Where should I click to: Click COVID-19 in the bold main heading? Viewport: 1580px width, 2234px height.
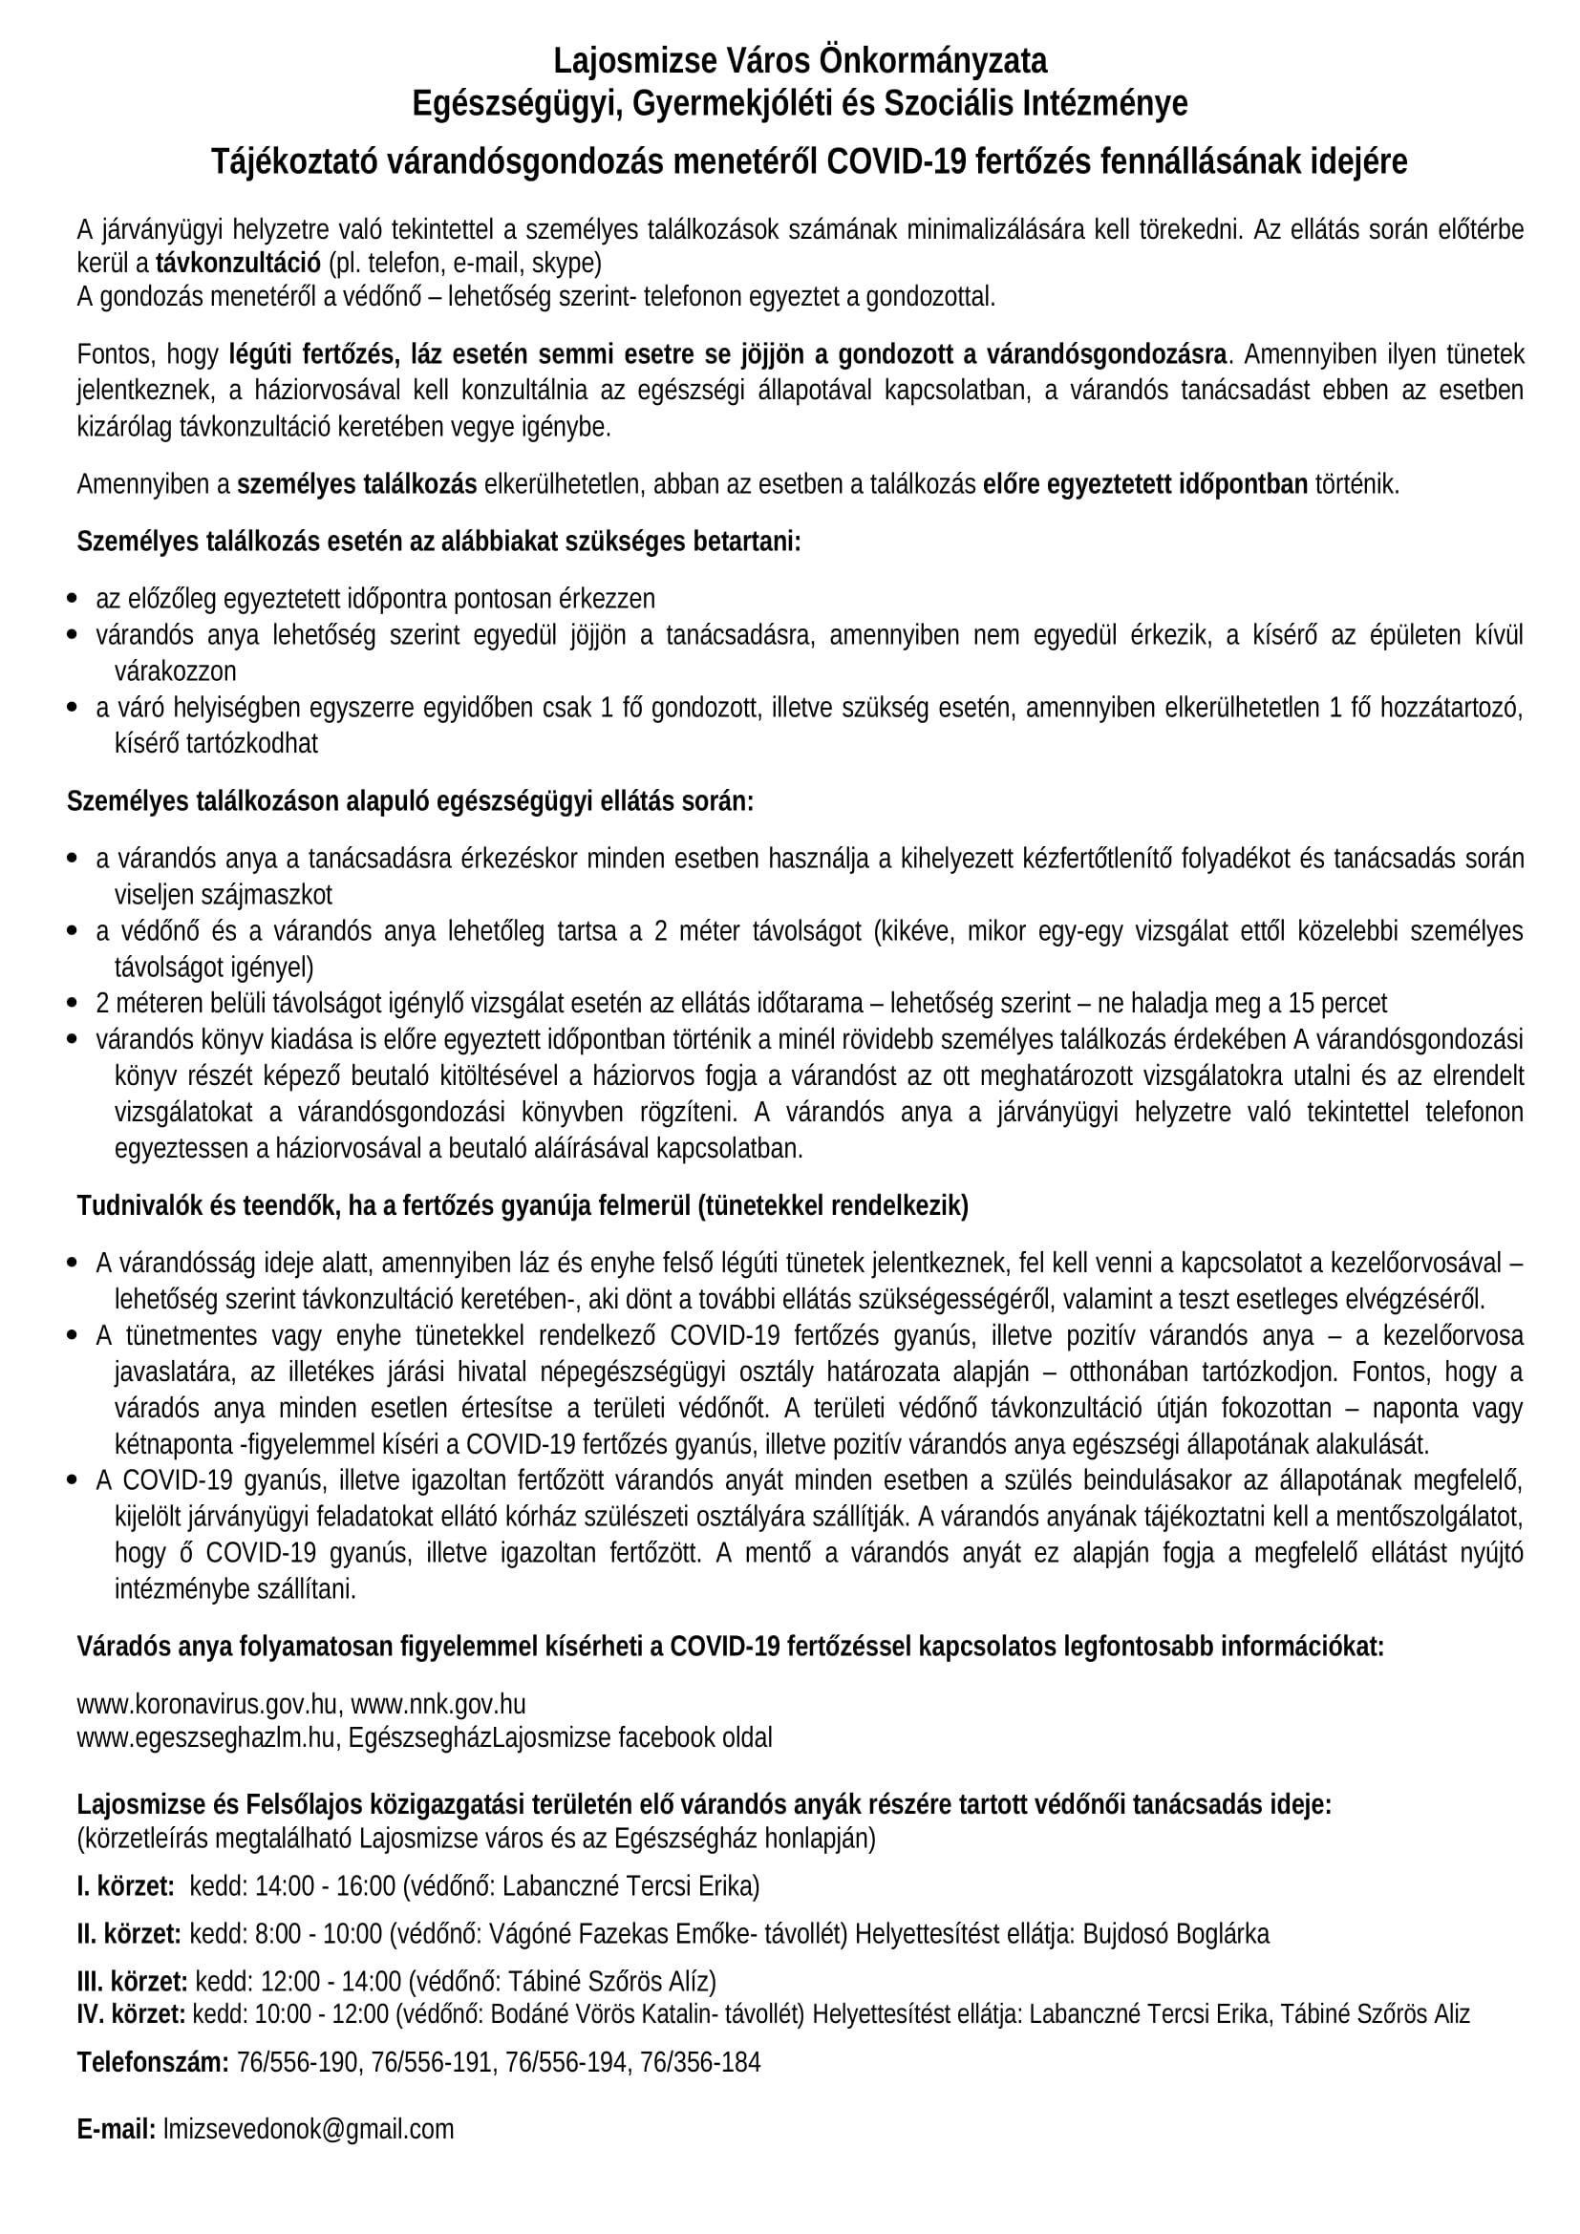point(895,161)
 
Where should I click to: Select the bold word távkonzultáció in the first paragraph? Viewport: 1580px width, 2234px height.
point(239,263)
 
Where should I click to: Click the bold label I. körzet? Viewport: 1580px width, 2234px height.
point(125,1914)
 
